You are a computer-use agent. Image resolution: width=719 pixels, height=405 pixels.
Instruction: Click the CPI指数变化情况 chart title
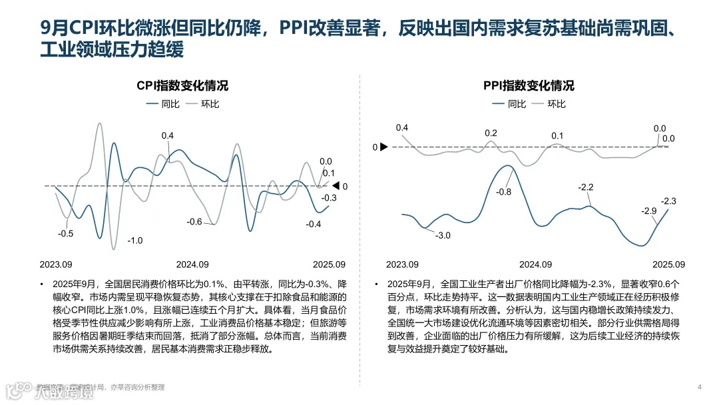[182, 86]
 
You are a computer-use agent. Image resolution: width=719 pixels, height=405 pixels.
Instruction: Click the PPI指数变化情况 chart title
[529, 86]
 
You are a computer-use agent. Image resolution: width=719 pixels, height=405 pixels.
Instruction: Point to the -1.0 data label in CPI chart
[135, 240]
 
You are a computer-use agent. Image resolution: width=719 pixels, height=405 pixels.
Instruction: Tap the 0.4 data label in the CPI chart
[168, 136]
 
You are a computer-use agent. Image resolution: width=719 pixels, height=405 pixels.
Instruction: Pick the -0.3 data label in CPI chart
[329, 198]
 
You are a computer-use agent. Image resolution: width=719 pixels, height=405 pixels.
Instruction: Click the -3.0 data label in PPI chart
[443, 236]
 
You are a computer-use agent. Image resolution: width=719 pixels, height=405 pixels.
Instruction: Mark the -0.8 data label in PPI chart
[504, 193]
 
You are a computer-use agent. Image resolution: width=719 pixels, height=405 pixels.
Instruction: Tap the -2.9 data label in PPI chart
[648, 210]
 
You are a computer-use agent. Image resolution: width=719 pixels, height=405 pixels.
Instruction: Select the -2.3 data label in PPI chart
[668, 201]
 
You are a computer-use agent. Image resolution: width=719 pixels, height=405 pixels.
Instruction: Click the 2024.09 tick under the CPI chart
[192, 264]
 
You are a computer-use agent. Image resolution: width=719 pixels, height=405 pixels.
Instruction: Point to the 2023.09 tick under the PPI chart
[402, 264]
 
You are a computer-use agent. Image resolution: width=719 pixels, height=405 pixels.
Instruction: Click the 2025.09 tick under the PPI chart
[668, 264]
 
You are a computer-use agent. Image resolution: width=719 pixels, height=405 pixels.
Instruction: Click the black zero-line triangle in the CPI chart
[336, 186]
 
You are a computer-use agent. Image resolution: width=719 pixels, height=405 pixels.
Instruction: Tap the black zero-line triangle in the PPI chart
[383, 147]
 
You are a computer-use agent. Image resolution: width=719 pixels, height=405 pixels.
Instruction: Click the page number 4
[700, 387]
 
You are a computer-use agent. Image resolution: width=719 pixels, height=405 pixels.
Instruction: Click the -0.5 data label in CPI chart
[66, 234]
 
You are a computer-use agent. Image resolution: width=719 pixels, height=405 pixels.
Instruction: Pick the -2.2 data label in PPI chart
[586, 188]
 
